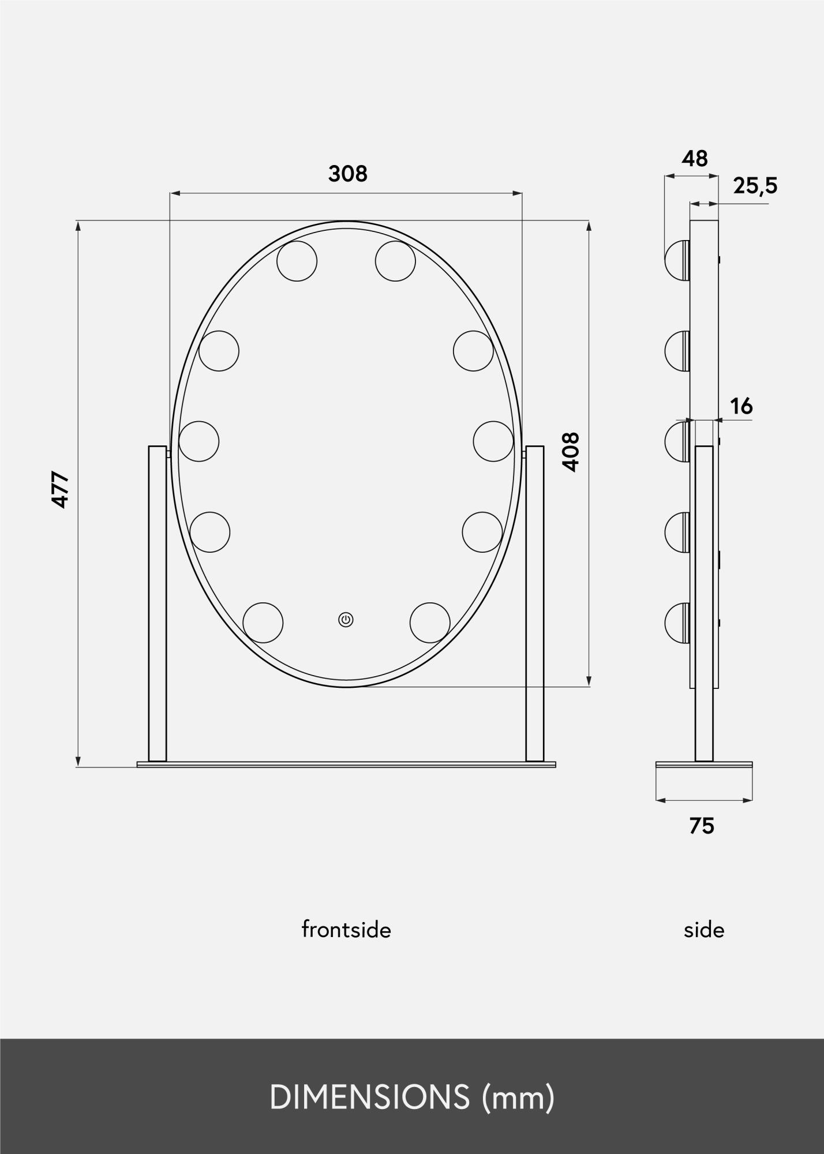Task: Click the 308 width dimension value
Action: [347, 173]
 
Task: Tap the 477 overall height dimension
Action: [61, 490]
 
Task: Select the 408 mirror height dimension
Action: [570, 452]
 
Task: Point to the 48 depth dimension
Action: [695, 158]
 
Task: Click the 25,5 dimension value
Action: [755, 186]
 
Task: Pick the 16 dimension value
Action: [741, 407]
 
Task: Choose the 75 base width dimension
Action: [702, 826]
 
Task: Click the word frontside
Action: [346, 930]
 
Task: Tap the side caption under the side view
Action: [704, 930]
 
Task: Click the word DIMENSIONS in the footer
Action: [370, 1097]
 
